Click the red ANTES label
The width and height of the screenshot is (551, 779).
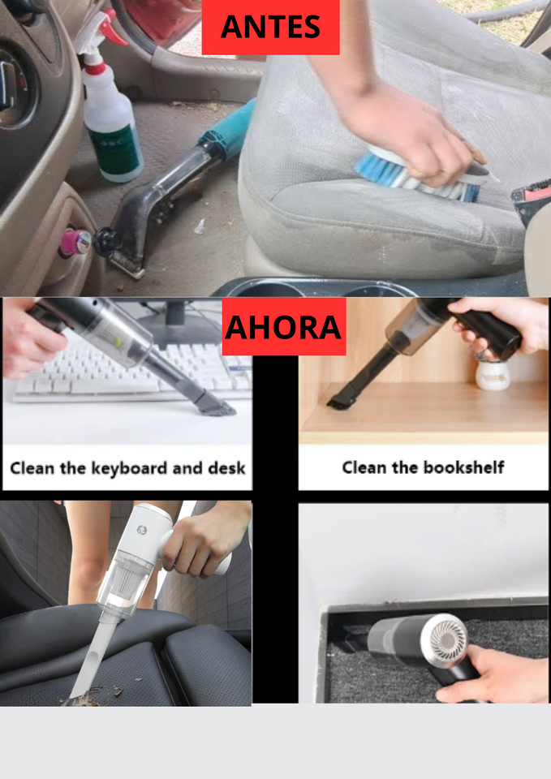tap(270, 28)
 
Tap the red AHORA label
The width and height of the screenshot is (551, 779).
tap(283, 327)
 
